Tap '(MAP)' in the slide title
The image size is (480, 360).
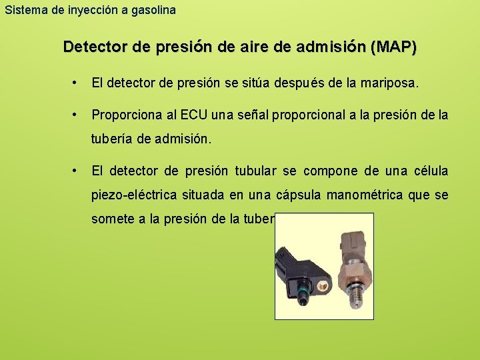pyautogui.click(x=395, y=47)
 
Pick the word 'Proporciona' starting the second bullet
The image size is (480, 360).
pyautogui.click(x=126, y=115)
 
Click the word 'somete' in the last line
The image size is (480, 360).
pyautogui.click(x=111, y=219)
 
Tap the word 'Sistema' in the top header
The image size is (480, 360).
pyautogui.click(x=22, y=10)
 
